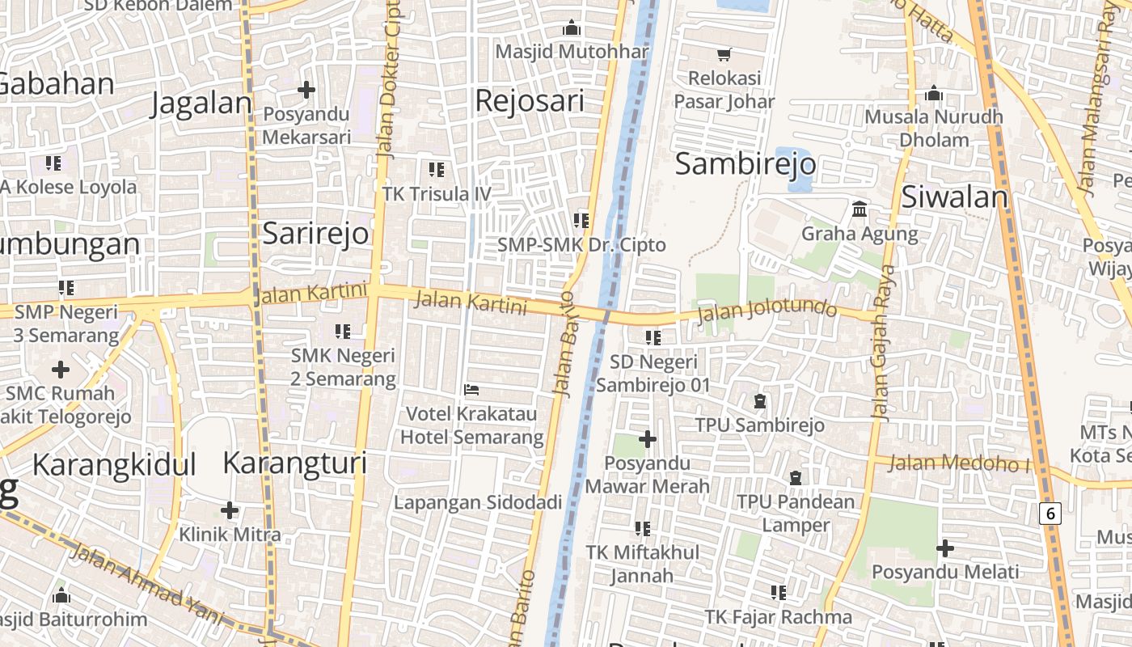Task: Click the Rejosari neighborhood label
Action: pos(530,101)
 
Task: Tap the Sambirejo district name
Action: pos(745,164)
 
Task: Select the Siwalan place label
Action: pos(954,197)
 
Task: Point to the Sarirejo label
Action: pos(315,234)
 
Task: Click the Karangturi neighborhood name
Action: pos(294,463)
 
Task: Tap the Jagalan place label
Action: pos(202,104)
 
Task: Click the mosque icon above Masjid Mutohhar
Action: pos(572,28)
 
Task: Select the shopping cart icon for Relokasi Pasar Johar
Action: pos(724,55)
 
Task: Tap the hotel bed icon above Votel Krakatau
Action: pos(472,390)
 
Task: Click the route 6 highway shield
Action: pos(1050,513)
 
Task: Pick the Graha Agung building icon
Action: pos(860,210)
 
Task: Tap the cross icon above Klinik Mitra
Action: pos(230,510)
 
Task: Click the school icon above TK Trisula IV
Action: pos(437,170)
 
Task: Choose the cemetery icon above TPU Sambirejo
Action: pos(760,400)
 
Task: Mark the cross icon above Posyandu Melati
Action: pos(944,548)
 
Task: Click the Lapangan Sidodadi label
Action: pos(477,502)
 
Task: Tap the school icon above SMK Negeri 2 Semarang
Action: pos(343,332)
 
